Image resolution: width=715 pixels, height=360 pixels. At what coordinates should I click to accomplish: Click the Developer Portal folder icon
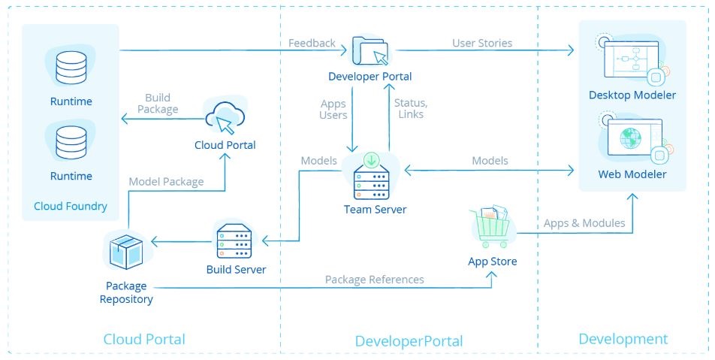coord(370,50)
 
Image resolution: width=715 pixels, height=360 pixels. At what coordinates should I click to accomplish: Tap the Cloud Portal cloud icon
coord(225,118)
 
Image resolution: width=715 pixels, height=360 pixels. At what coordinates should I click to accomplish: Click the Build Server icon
coord(234,242)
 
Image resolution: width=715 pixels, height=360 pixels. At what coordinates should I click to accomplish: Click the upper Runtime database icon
coord(71,68)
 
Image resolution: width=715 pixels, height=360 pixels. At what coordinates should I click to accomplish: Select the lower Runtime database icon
coord(71,142)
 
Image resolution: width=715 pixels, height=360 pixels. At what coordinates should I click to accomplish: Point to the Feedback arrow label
coord(312,43)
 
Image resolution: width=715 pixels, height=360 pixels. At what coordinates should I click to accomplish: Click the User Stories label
coord(482,43)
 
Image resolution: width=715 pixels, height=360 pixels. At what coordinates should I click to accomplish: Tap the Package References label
coord(374,280)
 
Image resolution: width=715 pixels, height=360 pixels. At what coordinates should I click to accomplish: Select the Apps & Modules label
coord(584,223)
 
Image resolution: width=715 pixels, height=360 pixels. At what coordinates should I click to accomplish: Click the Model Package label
coord(166,182)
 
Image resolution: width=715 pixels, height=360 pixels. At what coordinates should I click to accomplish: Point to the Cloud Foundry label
coord(71,206)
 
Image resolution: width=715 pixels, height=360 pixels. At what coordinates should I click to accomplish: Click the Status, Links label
coord(410,108)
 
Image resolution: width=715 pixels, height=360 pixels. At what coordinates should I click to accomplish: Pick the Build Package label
coord(158,104)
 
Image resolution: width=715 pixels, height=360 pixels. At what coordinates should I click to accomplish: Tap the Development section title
coord(623,339)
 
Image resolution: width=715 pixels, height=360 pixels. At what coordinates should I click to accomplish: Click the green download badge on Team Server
coord(372,159)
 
